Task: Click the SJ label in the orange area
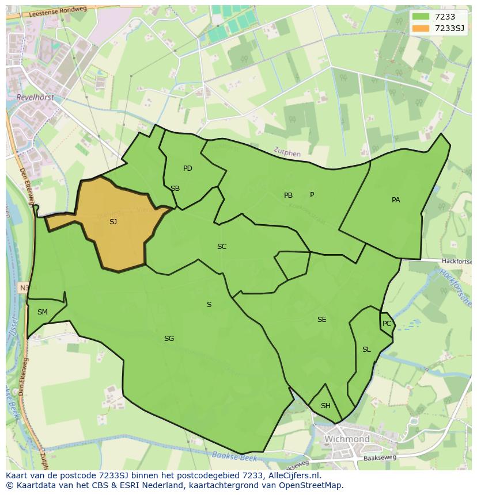click(x=113, y=221)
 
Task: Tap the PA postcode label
click(x=396, y=200)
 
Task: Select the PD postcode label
click(x=188, y=168)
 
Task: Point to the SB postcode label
click(x=175, y=189)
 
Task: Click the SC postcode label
click(x=222, y=247)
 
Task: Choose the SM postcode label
click(x=43, y=312)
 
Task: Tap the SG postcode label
click(x=169, y=339)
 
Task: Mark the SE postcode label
click(x=321, y=320)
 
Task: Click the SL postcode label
click(x=366, y=350)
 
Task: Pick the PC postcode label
click(x=387, y=324)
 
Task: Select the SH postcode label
click(x=325, y=406)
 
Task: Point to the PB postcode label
click(x=288, y=195)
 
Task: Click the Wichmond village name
click(x=347, y=439)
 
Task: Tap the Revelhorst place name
click(x=36, y=98)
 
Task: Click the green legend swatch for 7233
click(x=421, y=17)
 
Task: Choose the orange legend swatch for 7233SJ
click(x=421, y=28)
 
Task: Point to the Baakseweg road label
click(x=381, y=459)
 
